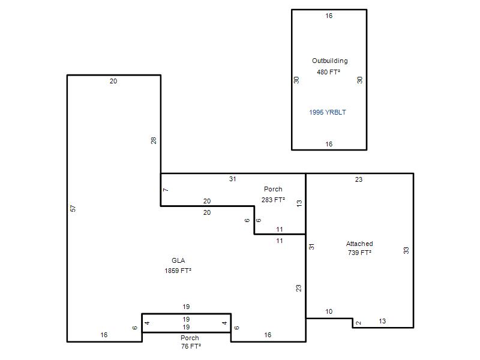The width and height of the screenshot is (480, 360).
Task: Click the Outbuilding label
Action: (329, 61)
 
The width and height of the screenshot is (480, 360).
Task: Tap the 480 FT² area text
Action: (328, 72)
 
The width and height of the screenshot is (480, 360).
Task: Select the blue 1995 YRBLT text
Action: (328, 112)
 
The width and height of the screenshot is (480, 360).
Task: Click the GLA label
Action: (178, 260)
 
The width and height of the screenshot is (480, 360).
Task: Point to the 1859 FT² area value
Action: (178, 271)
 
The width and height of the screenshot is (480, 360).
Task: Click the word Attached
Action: (359, 244)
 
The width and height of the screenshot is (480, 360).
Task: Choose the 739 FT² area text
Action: (359, 253)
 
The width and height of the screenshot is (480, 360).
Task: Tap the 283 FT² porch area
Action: (273, 200)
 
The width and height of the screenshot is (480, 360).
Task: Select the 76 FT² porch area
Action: (191, 346)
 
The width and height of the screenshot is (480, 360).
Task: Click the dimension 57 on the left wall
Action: (73, 208)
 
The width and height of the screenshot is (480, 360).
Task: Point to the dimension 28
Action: (154, 140)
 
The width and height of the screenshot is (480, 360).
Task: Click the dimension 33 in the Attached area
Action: (406, 250)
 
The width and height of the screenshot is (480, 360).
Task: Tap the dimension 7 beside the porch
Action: (166, 190)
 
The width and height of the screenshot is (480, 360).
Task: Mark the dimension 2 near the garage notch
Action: (359, 323)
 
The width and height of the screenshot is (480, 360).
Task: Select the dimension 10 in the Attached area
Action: (329, 311)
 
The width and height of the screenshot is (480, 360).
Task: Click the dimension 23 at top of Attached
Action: (359, 179)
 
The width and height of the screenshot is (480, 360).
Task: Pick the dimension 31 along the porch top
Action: (233, 179)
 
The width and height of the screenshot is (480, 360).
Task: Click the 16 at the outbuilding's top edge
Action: (329, 16)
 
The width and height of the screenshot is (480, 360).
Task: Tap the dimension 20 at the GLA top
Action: (113, 81)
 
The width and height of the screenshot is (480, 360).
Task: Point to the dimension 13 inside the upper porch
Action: (299, 203)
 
